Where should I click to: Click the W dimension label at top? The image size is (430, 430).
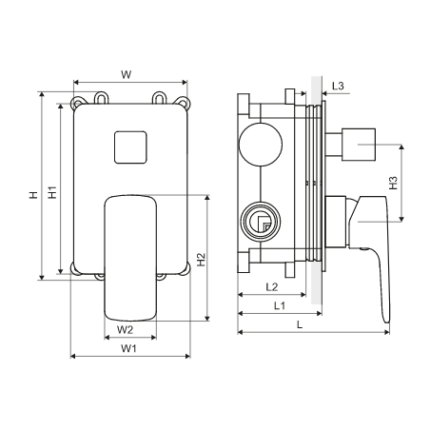click(x=126, y=75)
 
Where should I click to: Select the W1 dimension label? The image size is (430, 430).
click(x=128, y=348)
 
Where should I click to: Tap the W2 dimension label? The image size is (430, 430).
click(x=125, y=330)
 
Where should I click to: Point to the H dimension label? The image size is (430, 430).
click(x=33, y=195)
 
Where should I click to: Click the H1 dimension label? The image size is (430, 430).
click(x=52, y=192)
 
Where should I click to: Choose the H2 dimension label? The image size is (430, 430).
click(x=201, y=260)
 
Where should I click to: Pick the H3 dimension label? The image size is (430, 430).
click(x=393, y=183)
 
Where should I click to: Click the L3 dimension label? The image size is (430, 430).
click(x=338, y=86)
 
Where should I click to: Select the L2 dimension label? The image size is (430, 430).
click(x=272, y=287)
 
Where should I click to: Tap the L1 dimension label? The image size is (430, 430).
click(x=280, y=305)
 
